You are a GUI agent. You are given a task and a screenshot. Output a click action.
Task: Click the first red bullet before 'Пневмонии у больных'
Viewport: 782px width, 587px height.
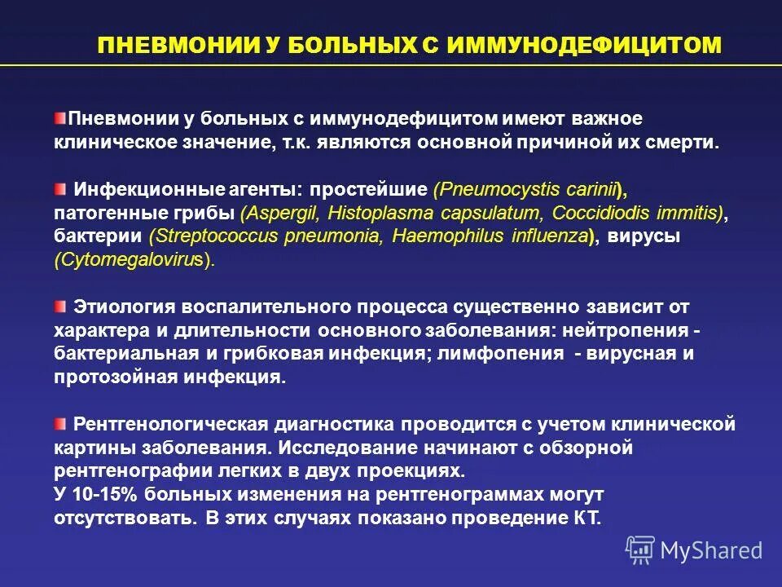pyautogui.click(x=62, y=119)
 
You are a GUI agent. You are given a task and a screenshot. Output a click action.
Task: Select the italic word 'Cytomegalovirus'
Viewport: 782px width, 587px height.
pyautogui.click(x=131, y=260)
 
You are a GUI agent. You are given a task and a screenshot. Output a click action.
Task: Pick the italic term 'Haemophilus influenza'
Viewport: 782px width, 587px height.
pyautogui.click(x=490, y=236)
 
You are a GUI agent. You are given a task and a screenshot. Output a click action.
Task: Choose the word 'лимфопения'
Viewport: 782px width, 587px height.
pyautogui.click(x=512, y=354)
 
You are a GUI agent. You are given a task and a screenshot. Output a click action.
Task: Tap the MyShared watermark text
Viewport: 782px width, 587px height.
pyautogui.click(x=711, y=550)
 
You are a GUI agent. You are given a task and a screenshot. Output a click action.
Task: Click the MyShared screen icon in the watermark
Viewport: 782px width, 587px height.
pyautogui.click(x=640, y=550)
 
